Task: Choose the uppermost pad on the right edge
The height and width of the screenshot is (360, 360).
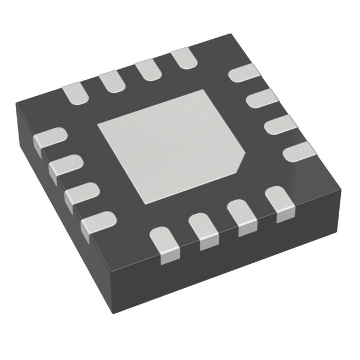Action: pyautogui.click(x=245, y=73)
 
